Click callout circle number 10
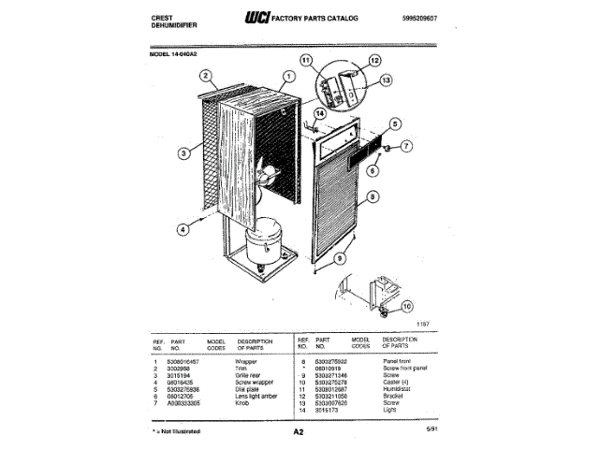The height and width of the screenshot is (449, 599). (x=406, y=306)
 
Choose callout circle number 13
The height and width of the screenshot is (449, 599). (x=387, y=80)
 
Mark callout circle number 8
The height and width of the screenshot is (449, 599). (x=373, y=197)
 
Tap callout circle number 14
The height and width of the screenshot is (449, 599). (x=319, y=113)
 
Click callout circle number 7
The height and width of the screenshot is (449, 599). (x=409, y=147)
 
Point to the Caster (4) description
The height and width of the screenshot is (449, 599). (x=400, y=381)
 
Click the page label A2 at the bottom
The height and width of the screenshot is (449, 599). (x=299, y=432)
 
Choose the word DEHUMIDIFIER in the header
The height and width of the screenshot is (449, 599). (x=176, y=25)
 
